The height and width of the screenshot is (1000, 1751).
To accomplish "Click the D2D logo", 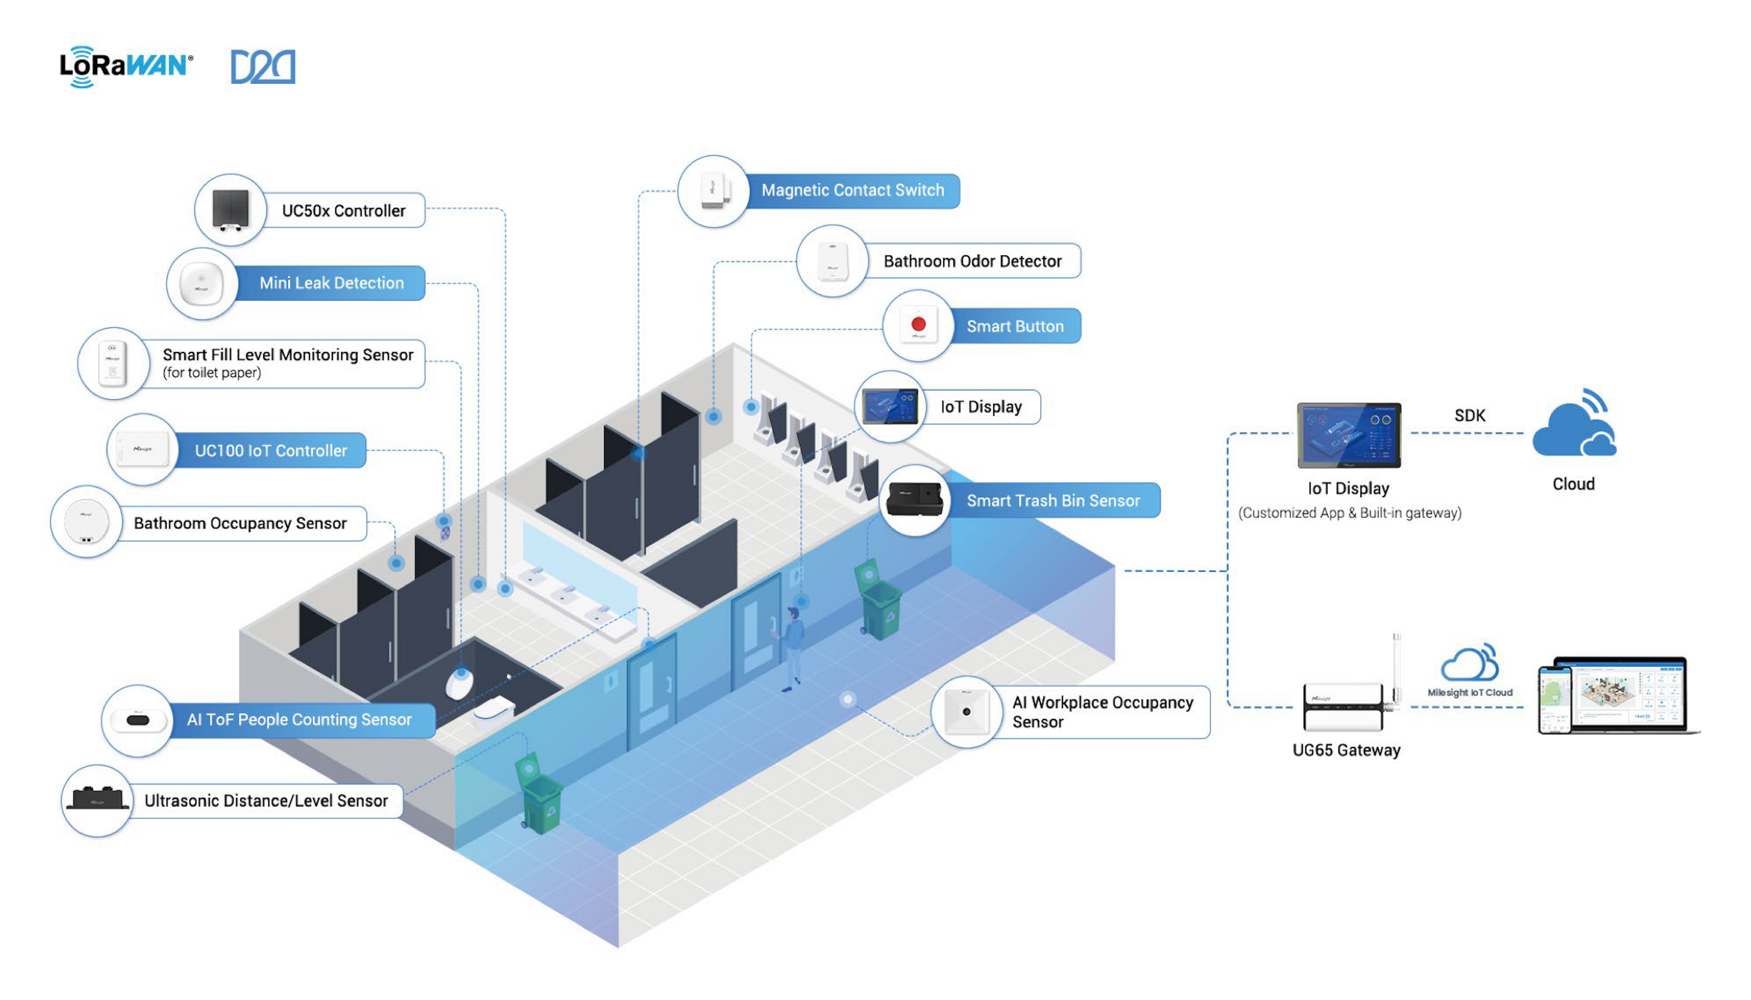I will point(262,67).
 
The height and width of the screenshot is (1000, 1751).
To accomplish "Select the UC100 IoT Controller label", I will point(271,451).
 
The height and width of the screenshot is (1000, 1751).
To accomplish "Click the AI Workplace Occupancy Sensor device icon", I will point(966,712).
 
